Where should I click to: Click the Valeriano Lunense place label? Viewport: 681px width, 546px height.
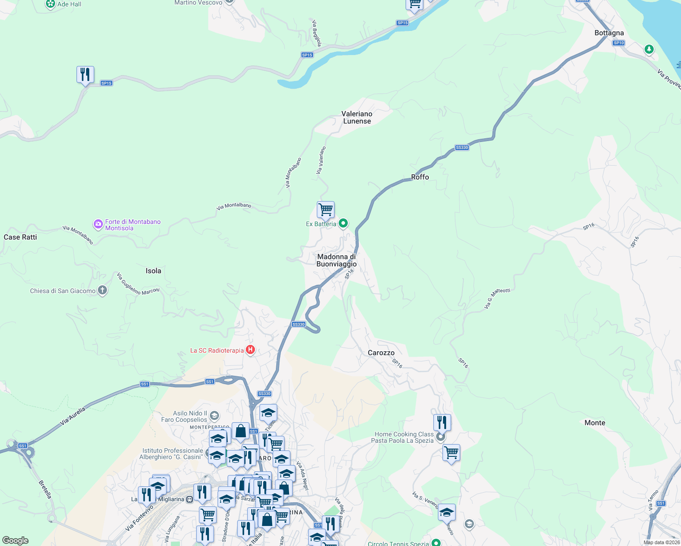357,117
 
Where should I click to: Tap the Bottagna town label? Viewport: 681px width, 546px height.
609,33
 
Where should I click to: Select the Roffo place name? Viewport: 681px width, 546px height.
420,177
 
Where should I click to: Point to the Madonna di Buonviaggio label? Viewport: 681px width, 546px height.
337,260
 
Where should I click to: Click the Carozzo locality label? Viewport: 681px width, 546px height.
381,353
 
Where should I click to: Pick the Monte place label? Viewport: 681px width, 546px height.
595,423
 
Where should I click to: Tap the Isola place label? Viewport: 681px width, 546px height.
153,271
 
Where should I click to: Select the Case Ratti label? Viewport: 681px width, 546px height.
20,237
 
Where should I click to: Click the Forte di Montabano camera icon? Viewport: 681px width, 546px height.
98,224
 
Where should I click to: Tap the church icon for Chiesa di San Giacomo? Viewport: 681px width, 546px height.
102,290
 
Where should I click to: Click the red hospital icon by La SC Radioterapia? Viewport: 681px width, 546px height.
250,350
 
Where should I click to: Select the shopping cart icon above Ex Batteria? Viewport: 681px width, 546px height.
325,210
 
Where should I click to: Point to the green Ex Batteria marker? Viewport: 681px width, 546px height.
344,223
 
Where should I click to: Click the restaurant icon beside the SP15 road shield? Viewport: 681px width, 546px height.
85,75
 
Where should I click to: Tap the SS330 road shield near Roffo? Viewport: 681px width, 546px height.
462,147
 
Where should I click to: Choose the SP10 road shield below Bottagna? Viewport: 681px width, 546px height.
618,43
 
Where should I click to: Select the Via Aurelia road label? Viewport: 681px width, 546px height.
73,417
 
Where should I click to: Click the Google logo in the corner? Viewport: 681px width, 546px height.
15,541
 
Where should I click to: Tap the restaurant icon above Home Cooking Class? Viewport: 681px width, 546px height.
442,423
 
